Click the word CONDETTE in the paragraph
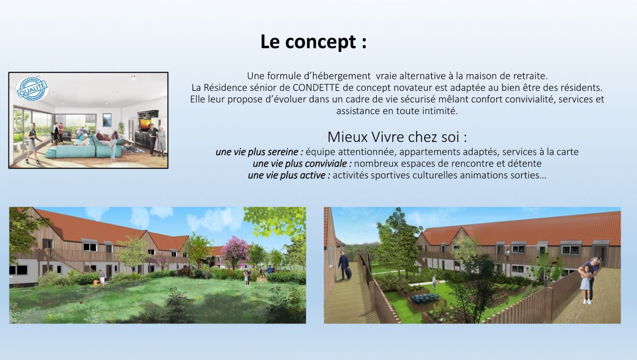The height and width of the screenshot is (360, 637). [316, 88]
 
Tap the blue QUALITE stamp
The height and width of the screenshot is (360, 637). [32, 89]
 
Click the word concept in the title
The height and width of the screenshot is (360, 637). [321, 42]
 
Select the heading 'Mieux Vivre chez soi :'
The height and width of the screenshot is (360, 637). [397, 137]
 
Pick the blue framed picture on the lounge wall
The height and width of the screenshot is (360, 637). [107, 120]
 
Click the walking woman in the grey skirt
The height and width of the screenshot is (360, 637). [32, 143]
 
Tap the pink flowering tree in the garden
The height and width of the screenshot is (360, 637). [235, 252]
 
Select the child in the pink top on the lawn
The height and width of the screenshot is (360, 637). [95, 283]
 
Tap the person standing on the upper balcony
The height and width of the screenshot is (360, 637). [507, 254]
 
